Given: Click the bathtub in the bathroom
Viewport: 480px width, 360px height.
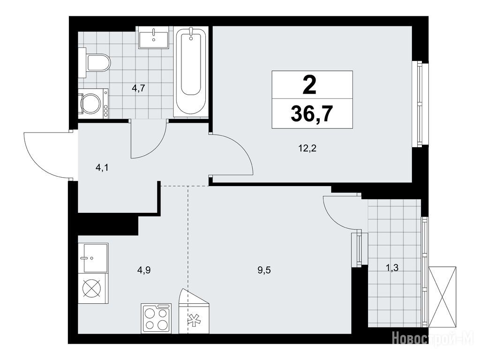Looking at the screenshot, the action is pyautogui.click(x=191, y=71).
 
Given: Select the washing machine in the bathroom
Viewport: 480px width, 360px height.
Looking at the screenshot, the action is pyautogui.click(x=93, y=104).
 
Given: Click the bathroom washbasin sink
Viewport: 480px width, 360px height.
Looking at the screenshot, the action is pyautogui.click(x=153, y=37).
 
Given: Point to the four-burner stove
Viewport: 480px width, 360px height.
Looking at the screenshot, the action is pyautogui.click(x=156, y=318).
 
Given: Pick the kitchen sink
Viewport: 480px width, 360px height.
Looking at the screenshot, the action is pyautogui.click(x=93, y=258).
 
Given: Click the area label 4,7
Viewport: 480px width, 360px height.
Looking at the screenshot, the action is pyautogui.click(x=138, y=89).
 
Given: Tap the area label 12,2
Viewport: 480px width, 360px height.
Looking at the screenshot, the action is pyautogui.click(x=307, y=149).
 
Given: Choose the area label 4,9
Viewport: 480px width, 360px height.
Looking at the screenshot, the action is pyautogui.click(x=144, y=270).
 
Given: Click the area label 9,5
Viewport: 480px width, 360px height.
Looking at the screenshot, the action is pyautogui.click(x=264, y=270).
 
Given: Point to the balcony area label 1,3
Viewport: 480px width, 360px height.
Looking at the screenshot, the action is pyautogui.click(x=392, y=269).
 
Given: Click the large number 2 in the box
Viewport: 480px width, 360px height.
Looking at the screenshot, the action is pyautogui.click(x=309, y=85).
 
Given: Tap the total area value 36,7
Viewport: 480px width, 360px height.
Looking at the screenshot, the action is pyautogui.click(x=312, y=114).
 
